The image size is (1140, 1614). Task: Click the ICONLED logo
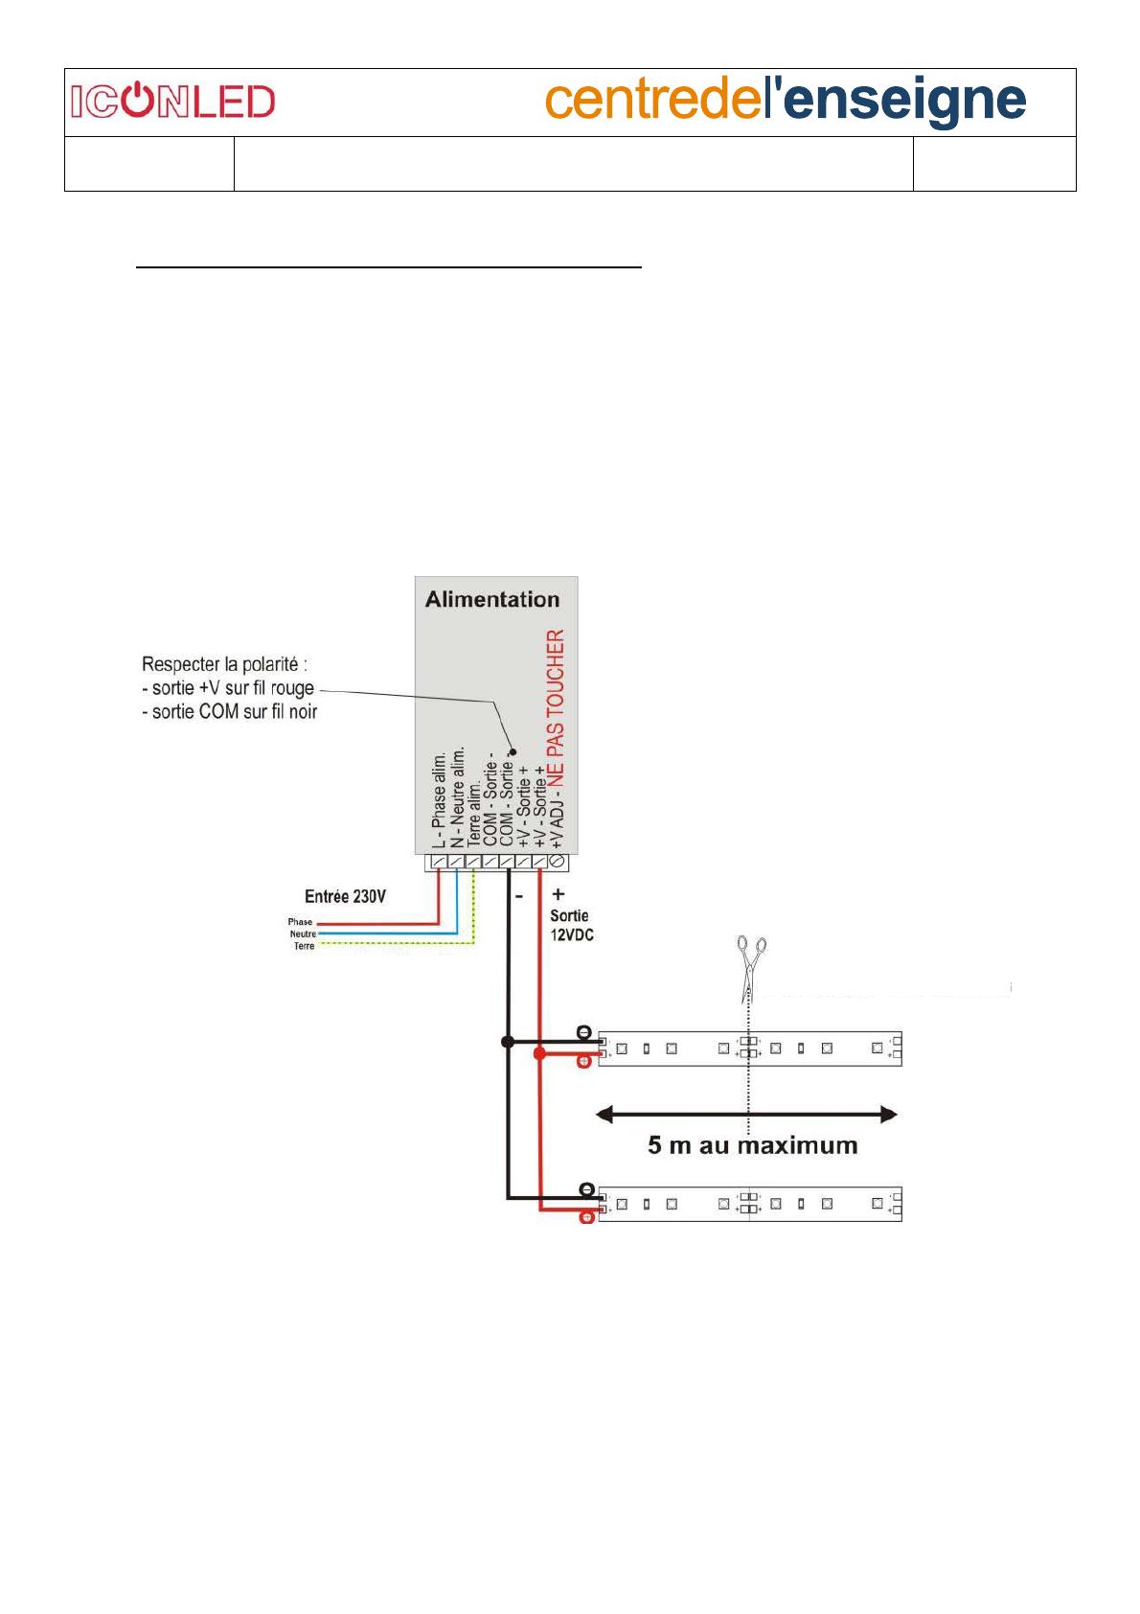click(172, 101)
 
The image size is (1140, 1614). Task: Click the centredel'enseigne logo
click(786, 101)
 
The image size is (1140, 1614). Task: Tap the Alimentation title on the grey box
click(491, 599)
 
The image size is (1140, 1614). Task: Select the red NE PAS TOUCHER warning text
click(556, 707)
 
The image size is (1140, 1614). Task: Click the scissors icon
click(751, 968)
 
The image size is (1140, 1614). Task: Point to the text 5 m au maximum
click(753, 1145)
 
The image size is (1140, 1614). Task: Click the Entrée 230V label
click(345, 896)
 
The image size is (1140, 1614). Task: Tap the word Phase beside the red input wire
click(300, 922)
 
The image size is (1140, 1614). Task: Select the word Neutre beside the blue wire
click(303, 934)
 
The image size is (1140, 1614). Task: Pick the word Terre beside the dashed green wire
click(304, 946)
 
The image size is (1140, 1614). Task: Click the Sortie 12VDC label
click(572, 925)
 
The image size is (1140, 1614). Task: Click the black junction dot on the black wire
click(508, 1042)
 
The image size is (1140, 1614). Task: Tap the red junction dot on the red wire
click(540, 1054)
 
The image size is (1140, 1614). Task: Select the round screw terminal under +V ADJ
click(556, 861)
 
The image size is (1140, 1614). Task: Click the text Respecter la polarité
click(224, 663)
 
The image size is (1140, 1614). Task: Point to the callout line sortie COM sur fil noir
click(230, 712)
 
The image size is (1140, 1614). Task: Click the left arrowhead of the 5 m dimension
click(604, 1115)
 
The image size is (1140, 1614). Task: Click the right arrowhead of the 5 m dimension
click(889, 1115)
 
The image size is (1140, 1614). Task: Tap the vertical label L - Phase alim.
click(439, 800)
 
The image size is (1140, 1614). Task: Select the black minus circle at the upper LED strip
click(584, 1032)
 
